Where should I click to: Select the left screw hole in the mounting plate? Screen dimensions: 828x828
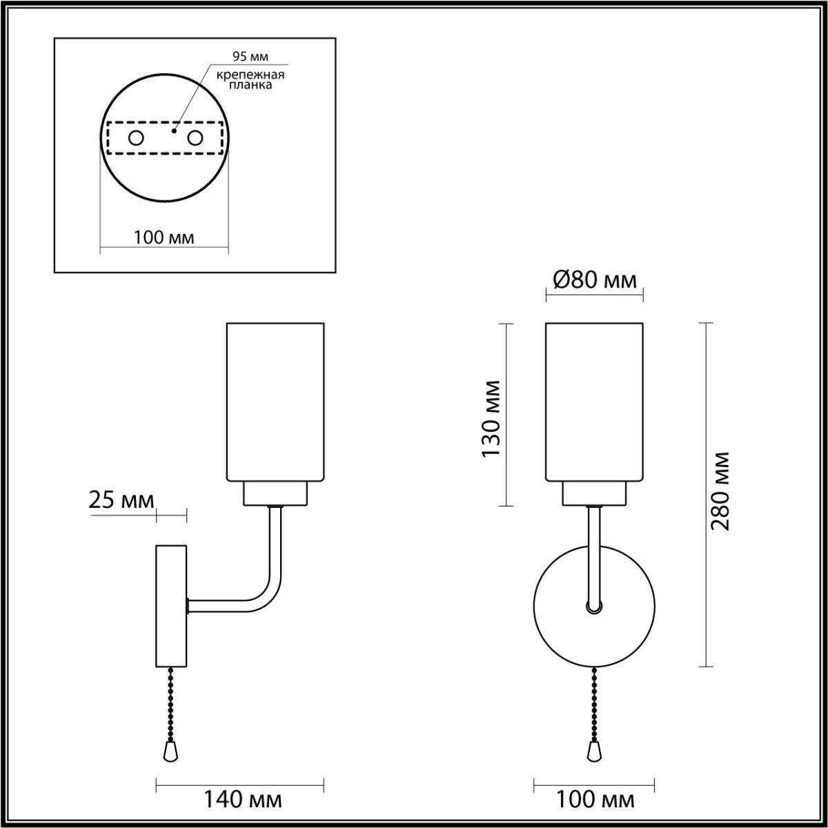coord(136,138)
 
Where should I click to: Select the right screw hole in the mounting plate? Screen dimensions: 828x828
coord(195,138)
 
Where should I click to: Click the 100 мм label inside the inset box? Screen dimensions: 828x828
coord(164,237)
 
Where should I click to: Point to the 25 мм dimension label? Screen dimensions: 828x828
coord(121,500)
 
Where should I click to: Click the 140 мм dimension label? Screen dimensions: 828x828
coord(241,800)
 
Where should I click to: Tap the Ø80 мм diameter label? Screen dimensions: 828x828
coord(594,280)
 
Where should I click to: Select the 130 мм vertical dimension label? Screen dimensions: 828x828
coord(491,418)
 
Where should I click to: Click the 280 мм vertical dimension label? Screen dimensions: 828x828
coord(720,491)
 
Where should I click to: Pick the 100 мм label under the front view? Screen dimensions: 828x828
coord(594,800)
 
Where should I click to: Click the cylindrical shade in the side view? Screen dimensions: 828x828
coord(275,401)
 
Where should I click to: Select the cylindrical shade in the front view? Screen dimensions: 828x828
coord(594,401)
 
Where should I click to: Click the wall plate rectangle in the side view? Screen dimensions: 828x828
coord(171,606)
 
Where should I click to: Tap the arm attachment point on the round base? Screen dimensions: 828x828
coord(593,608)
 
